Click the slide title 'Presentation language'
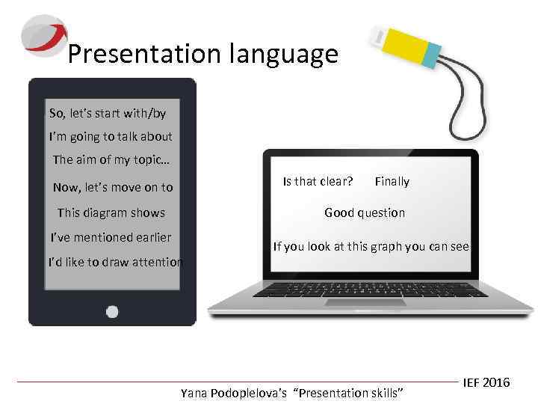202,54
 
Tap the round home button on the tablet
112,311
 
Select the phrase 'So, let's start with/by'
108,114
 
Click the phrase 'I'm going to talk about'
111,137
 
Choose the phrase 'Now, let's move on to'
113,187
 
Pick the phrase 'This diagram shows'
111,212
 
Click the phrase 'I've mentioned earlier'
111,238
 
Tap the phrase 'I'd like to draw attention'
115,263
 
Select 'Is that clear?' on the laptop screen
318,181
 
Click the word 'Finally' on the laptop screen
392,181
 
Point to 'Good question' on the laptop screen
365,212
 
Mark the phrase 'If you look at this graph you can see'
371,246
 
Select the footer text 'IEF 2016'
486,382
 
